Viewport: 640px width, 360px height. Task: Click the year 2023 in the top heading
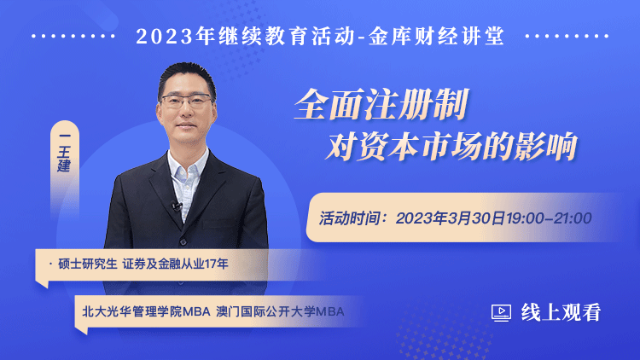pyautogui.click(x=164, y=37)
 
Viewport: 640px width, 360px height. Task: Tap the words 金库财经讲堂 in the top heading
pyautogui.click(x=436, y=36)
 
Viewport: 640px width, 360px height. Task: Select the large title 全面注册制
pyautogui.click(x=381, y=104)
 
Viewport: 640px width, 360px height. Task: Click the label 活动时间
pyautogui.click(x=348, y=218)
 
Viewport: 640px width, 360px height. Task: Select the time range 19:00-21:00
pyautogui.click(x=549, y=218)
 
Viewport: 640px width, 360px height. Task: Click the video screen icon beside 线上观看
pyautogui.click(x=501, y=312)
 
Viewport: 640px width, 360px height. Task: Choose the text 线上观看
pyautogui.click(x=561, y=312)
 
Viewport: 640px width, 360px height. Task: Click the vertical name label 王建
pyautogui.click(x=64, y=160)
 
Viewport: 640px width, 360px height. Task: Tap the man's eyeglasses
pyautogui.click(x=187, y=101)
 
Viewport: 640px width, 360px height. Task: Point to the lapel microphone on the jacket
pyautogui.click(x=177, y=206)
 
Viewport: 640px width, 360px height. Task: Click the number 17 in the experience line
pyautogui.click(x=211, y=264)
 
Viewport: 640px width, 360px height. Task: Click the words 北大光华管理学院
pyautogui.click(x=132, y=312)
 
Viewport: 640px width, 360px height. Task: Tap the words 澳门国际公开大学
pyautogui.click(x=266, y=312)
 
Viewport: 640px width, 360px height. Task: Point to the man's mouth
pyautogui.click(x=186, y=125)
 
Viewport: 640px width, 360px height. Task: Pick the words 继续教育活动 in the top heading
pyautogui.click(x=286, y=36)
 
